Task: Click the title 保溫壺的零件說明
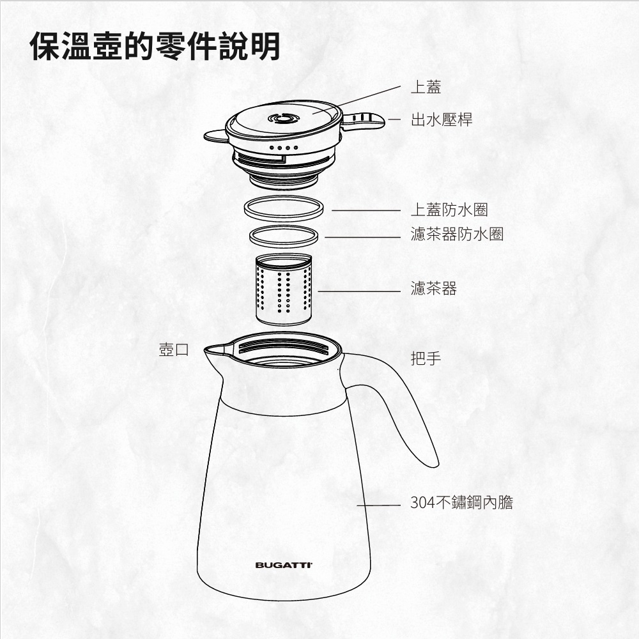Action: pyautogui.click(x=155, y=46)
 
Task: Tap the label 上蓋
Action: pyautogui.click(x=426, y=87)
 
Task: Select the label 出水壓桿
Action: pyautogui.click(x=442, y=120)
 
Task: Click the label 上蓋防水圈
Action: pyautogui.click(x=449, y=210)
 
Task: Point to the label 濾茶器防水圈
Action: pyautogui.click(x=458, y=235)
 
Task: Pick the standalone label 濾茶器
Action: pyautogui.click(x=434, y=289)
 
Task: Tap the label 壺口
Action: pyautogui.click(x=174, y=350)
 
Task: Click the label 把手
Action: pyautogui.click(x=426, y=358)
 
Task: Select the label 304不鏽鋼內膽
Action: pyautogui.click(x=461, y=502)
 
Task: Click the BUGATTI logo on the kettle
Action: pyautogui.click(x=284, y=566)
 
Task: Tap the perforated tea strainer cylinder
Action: pyautogui.click(x=284, y=289)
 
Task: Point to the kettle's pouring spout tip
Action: pyautogui.click(x=205, y=348)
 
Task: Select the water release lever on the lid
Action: pyautogui.click(x=363, y=121)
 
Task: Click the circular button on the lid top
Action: pyautogui.click(x=284, y=119)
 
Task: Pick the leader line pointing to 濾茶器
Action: pyautogui.click(x=359, y=291)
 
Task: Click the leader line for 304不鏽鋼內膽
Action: pyautogui.click(x=378, y=505)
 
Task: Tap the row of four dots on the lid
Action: pyautogui.click(x=284, y=148)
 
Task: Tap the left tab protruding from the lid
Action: pyautogui.click(x=215, y=136)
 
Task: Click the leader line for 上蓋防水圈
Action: pyautogui.click(x=366, y=211)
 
